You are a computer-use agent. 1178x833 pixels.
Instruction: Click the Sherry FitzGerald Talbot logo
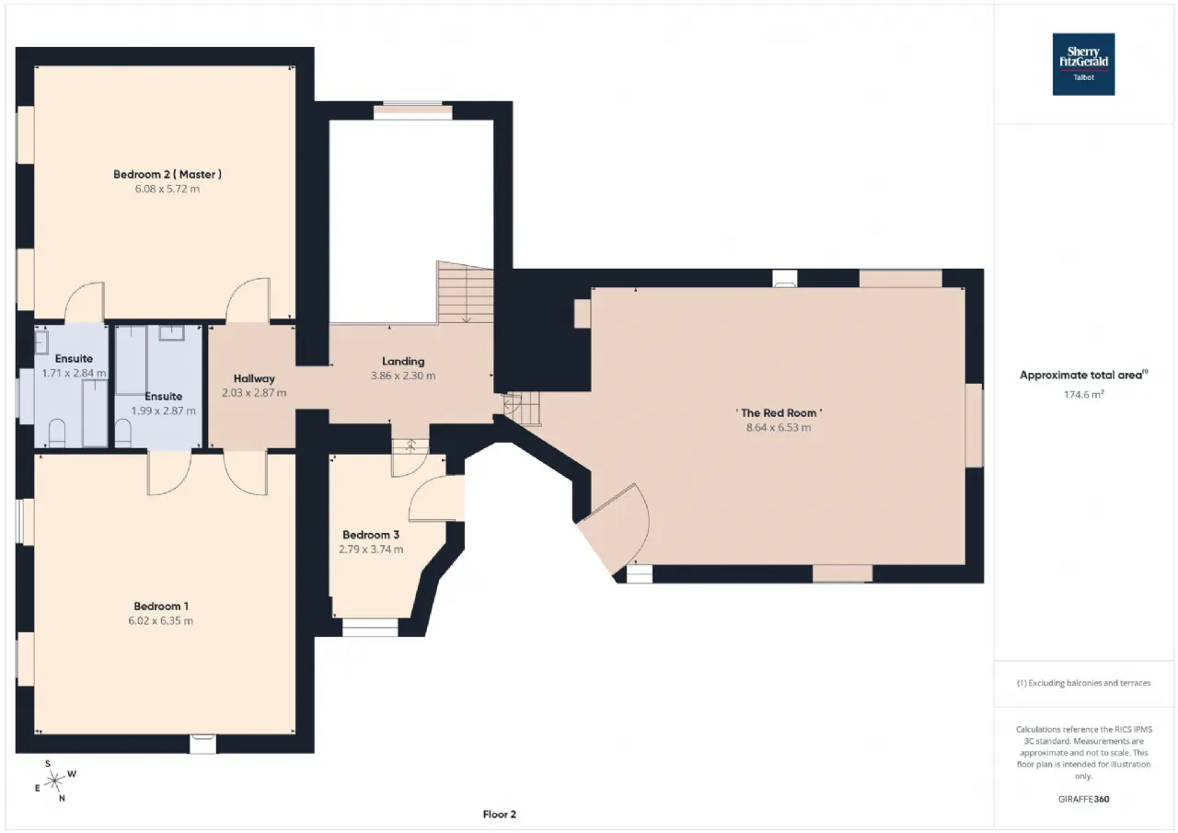[x=1083, y=64]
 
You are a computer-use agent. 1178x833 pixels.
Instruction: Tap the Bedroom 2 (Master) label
[x=167, y=174]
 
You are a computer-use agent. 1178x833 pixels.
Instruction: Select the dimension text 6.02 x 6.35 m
[x=161, y=620]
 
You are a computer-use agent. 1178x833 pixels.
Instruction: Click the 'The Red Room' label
[x=779, y=413]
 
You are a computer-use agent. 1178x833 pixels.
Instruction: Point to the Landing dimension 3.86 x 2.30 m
[x=403, y=376]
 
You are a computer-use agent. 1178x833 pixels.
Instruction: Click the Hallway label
[x=254, y=378]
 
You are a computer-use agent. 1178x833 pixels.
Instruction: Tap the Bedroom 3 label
[x=371, y=535]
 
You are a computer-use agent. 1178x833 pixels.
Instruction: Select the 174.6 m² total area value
[x=1084, y=394]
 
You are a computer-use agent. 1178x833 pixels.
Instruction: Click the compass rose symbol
[x=54, y=781]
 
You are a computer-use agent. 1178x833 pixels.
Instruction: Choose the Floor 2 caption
[x=500, y=814]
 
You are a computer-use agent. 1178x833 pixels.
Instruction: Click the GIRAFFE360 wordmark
[x=1084, y=799]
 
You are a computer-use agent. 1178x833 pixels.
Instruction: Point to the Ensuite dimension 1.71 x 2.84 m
[x=75, y=373]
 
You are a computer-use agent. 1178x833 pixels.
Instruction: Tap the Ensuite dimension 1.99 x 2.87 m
[x=164, y=411]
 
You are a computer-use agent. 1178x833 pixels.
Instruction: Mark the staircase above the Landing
[x=465, y=293]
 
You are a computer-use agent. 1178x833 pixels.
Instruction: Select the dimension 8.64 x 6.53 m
[x=779, y=427]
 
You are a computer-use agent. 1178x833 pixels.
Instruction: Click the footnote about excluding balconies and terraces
[x=1084, y=683]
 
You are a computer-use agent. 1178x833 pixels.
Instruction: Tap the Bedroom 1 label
[x=161, y=607]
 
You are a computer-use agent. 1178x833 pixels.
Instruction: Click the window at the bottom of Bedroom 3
[x=370, y=628]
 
